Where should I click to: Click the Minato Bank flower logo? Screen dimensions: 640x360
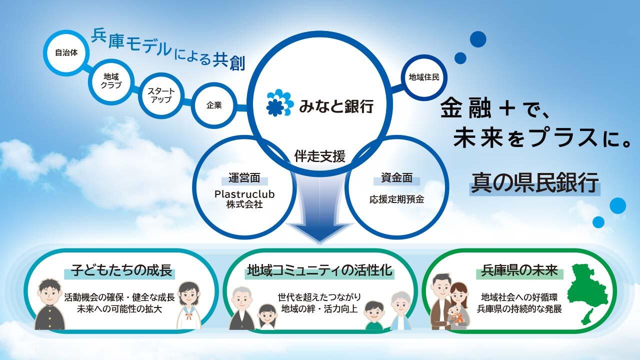click(279, 103)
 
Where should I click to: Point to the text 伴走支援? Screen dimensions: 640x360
click(319, 156)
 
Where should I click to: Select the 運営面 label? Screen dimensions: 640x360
click(244, 178)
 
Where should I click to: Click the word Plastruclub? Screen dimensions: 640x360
click(244, 194)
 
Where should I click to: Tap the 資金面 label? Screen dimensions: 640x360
click(396, 178)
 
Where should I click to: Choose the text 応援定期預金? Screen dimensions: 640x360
click(396, 199)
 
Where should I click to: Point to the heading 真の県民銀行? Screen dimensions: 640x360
click(534, 183)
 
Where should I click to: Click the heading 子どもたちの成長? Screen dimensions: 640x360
click(121, 270)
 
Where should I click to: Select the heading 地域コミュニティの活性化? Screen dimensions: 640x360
click(319, 270)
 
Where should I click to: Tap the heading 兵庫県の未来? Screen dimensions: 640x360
click(519, 270)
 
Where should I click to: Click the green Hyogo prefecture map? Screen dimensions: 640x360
click(588, 294)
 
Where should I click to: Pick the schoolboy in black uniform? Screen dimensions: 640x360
click(50, 304)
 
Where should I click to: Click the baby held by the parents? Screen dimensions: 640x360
click(457, 314)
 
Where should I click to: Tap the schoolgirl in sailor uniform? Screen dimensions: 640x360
click(189, 305)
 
